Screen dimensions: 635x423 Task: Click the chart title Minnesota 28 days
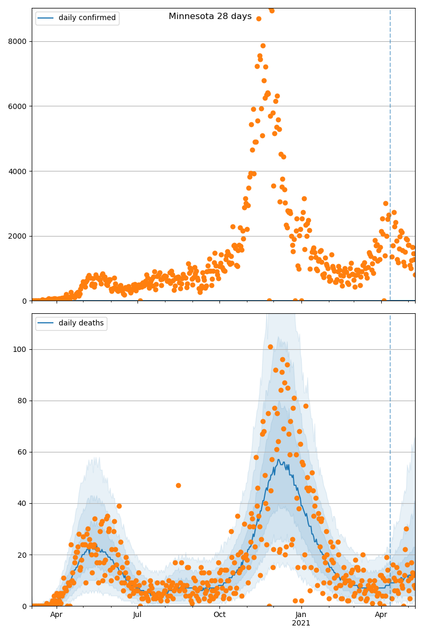[x=210, y=16]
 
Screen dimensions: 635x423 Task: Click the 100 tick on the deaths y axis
[x=21, y=349]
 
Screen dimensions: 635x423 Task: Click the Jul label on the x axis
[x=137, y=614]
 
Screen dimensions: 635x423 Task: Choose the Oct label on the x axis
[x=219, y=614]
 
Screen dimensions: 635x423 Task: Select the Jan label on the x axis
[x=301, y=614]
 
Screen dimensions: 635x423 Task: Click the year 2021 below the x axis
[x=301, y=623]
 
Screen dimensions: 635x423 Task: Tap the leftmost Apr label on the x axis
[x=56, y=614]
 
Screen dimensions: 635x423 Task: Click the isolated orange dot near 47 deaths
[x=178, y=485]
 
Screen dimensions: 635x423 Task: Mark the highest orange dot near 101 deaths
[x=270, y=347]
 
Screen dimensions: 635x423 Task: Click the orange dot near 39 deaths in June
[x=119, y=506]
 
